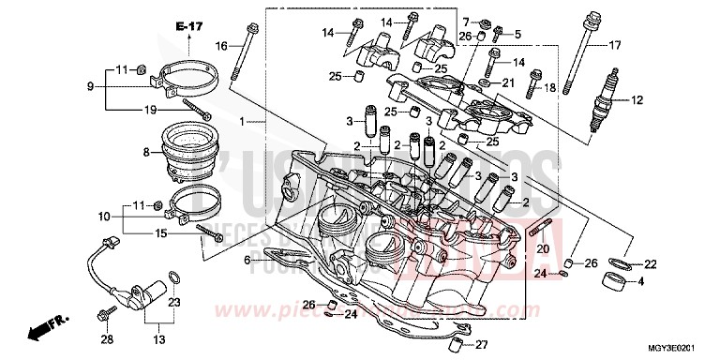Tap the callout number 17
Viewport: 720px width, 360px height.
coord(615,46)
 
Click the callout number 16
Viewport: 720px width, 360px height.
coord(221,45)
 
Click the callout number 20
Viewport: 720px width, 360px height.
coord(541,248)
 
